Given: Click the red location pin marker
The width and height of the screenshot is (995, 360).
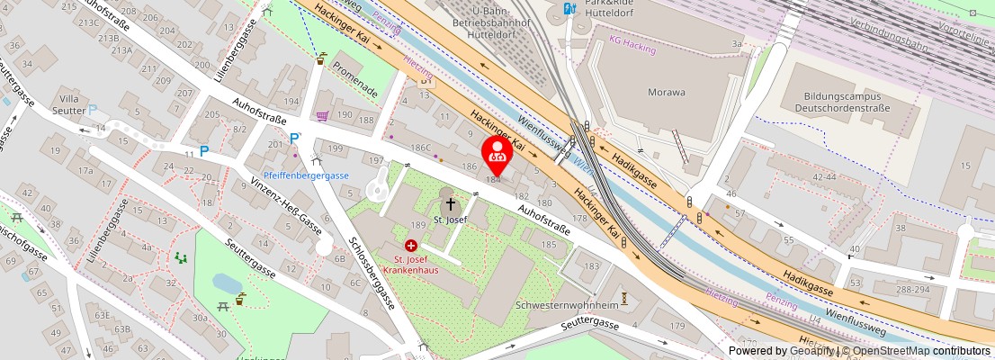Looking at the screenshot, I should click(x=496, y=152).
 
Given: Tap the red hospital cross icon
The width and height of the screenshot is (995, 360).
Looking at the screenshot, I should click(x=411, y=245).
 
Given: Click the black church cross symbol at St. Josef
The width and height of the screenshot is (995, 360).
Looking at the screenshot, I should click(x=451, y=204).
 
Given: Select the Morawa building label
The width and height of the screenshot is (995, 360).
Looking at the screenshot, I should click(x=667, y=92).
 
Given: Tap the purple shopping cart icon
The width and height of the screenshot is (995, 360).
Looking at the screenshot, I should click(x=322, y=115).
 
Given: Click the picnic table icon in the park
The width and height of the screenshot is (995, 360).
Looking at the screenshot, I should click(x=220, y=308).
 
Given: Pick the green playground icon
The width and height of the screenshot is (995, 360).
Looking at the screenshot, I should click(x=181, y=258).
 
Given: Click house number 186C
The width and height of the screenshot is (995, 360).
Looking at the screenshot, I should click(x=420, y=147).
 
